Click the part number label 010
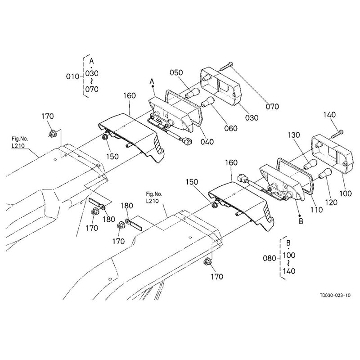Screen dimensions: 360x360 pos(72,76)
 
